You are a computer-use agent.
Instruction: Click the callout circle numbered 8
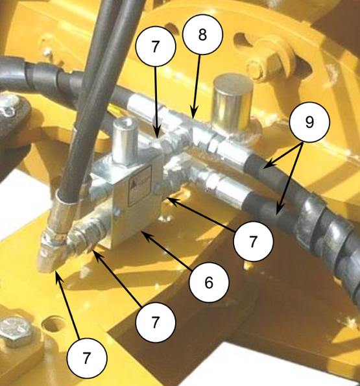(202, 34)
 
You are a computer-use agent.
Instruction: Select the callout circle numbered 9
(309, 121)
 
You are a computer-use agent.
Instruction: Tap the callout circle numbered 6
(209, 282)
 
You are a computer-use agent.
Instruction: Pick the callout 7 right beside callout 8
(156, 46)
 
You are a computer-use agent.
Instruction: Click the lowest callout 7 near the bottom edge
(87, 358)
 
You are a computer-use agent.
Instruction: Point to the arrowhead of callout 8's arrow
(194, 114)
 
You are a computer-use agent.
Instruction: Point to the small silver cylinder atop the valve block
(125, 141)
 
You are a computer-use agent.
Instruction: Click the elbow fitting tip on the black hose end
(48, 258)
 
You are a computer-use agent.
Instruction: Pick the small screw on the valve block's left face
(117, 211)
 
